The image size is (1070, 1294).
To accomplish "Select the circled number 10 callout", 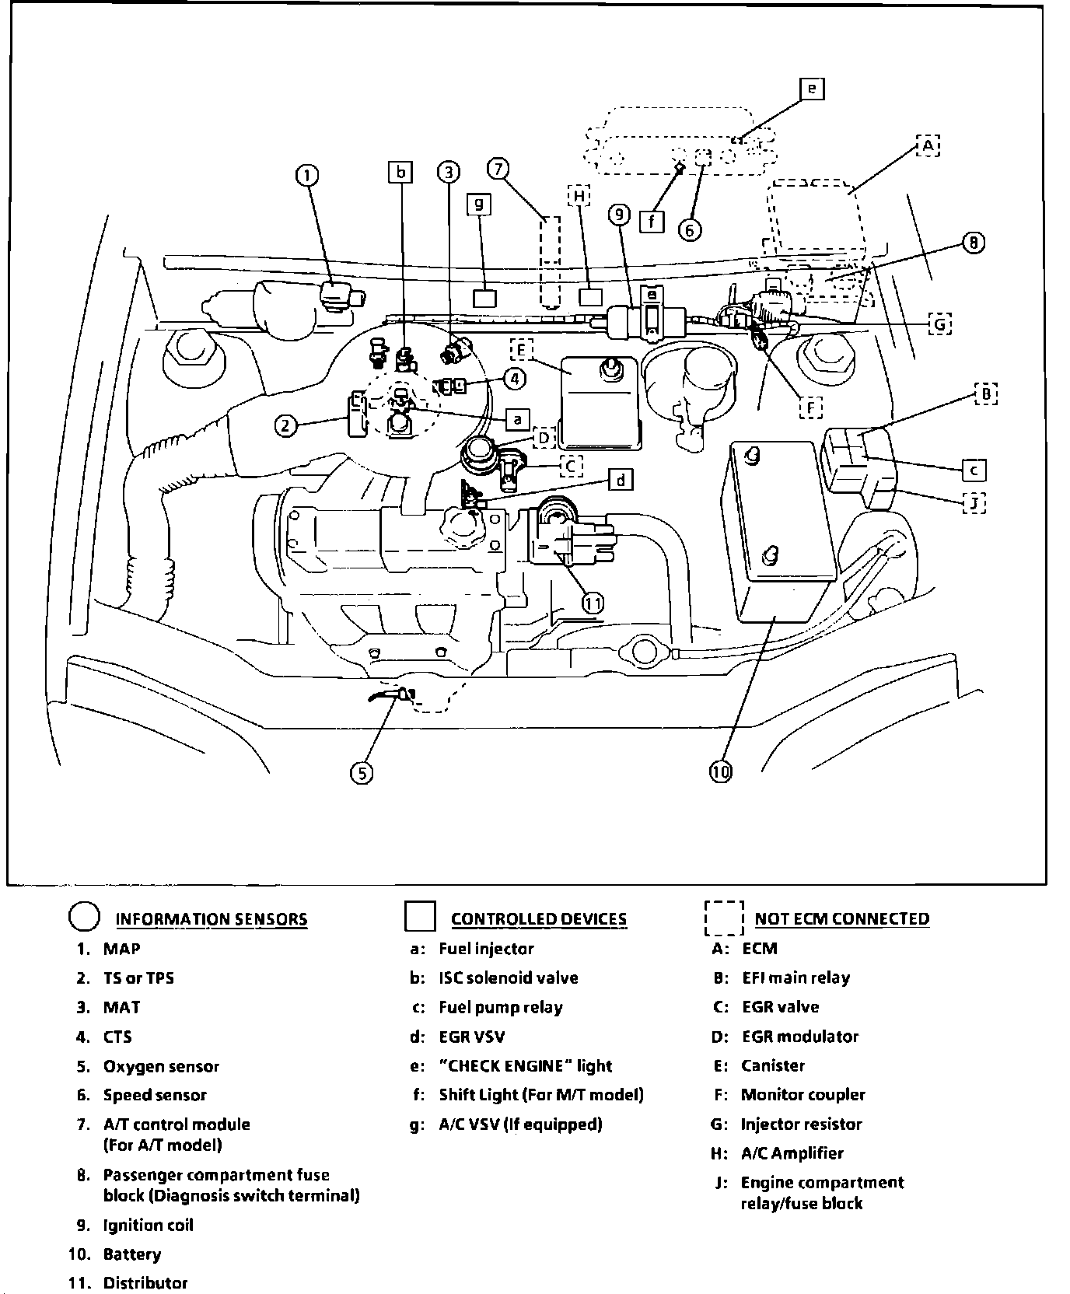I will pyautogui.click(x=721, y=771).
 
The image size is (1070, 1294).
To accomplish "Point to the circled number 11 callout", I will pyautogui.click(x=593, y=603).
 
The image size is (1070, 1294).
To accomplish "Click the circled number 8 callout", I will pyautogui.click(x=974, y=243).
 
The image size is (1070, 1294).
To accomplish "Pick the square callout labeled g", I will pyautogui.click(x=479, y=204).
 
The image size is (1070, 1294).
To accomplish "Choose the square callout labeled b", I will pyautogui.click(x=400, y=172).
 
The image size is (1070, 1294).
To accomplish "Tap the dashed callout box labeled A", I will pyautogui.click(x=928, y=145).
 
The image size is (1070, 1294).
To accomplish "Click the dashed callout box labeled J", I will pyautogui.click(x=974, y=503).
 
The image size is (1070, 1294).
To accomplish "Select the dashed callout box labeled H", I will pyautogui.click(x=579, y=196).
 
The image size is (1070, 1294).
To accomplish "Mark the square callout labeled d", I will pyautogui.click(x=620, y=480).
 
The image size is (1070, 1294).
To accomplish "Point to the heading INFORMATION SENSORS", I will pyautogui.click(x=212, y=919).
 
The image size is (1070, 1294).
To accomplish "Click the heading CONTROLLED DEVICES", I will pyautogui.click(x=539, y=919).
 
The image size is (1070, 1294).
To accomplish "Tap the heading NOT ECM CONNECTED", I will pyautogui.click(x=842, y=919).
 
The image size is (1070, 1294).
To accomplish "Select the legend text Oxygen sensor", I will pyautogui.click(x=161, y=1066).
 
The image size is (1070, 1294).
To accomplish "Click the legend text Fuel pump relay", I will pyautogui.click(x=500, y=1008).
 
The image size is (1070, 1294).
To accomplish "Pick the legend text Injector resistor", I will pyautogui.click(x=801, y=1124).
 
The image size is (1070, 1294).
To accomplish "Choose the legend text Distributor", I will pyautogui.click(x=145, y=1283).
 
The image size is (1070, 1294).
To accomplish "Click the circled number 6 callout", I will pyautogui.click(x=690, y=230).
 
